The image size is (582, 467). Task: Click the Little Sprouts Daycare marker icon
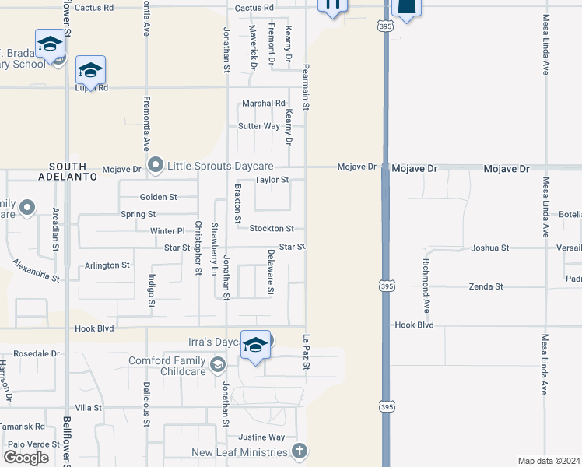click(156, 165)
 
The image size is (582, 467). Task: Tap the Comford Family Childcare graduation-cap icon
click(219, 364)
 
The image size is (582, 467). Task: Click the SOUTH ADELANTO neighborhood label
click(74, 172)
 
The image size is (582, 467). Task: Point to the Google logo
click(26, 458)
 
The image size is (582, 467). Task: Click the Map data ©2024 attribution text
click(548, 461)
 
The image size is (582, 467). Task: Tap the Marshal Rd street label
click(263, 104)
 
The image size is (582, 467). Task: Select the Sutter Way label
click(259, 126)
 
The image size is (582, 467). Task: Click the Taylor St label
click(272, 180)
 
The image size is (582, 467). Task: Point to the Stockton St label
click(272, 229)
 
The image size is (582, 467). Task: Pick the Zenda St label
click(486, 286)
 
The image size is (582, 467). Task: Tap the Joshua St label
click(490, 248)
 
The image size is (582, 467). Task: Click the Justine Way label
click(261, 437)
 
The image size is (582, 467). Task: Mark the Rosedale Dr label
click(37, 353)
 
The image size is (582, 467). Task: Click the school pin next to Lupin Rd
click(91, 72)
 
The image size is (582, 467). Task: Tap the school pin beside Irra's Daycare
click(255, 345)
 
